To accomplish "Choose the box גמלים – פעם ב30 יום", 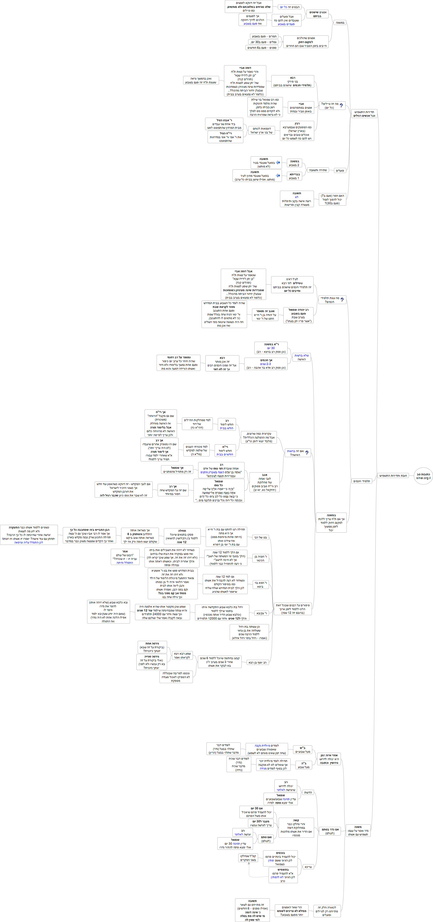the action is coord(264,42).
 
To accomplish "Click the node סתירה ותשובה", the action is coord(318,170).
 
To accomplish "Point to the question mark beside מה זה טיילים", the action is coord(341,106).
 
